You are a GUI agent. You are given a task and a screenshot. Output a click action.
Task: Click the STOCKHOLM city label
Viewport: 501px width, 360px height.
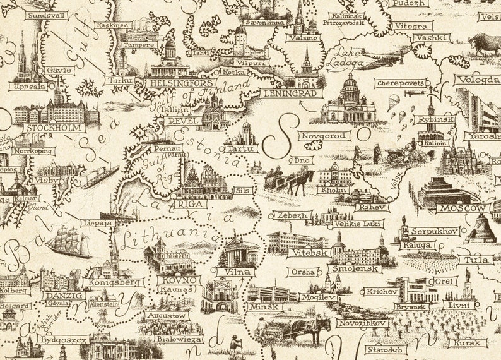[54, 128]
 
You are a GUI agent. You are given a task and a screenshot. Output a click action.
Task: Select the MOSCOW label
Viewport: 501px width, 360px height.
[464, 208]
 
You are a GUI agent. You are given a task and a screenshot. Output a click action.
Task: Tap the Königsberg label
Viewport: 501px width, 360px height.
[114, 282]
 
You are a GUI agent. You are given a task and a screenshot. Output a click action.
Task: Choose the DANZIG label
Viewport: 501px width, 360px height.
[64, 295]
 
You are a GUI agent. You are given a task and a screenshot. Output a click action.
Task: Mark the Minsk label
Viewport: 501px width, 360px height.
[261, 306]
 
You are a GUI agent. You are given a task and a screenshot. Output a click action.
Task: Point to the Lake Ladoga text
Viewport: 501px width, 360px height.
[348, 57]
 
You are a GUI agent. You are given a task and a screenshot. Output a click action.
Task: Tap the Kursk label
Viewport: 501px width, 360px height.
[468, 344]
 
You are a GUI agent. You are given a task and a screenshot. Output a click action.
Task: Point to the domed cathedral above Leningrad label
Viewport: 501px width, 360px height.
[349, 100]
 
